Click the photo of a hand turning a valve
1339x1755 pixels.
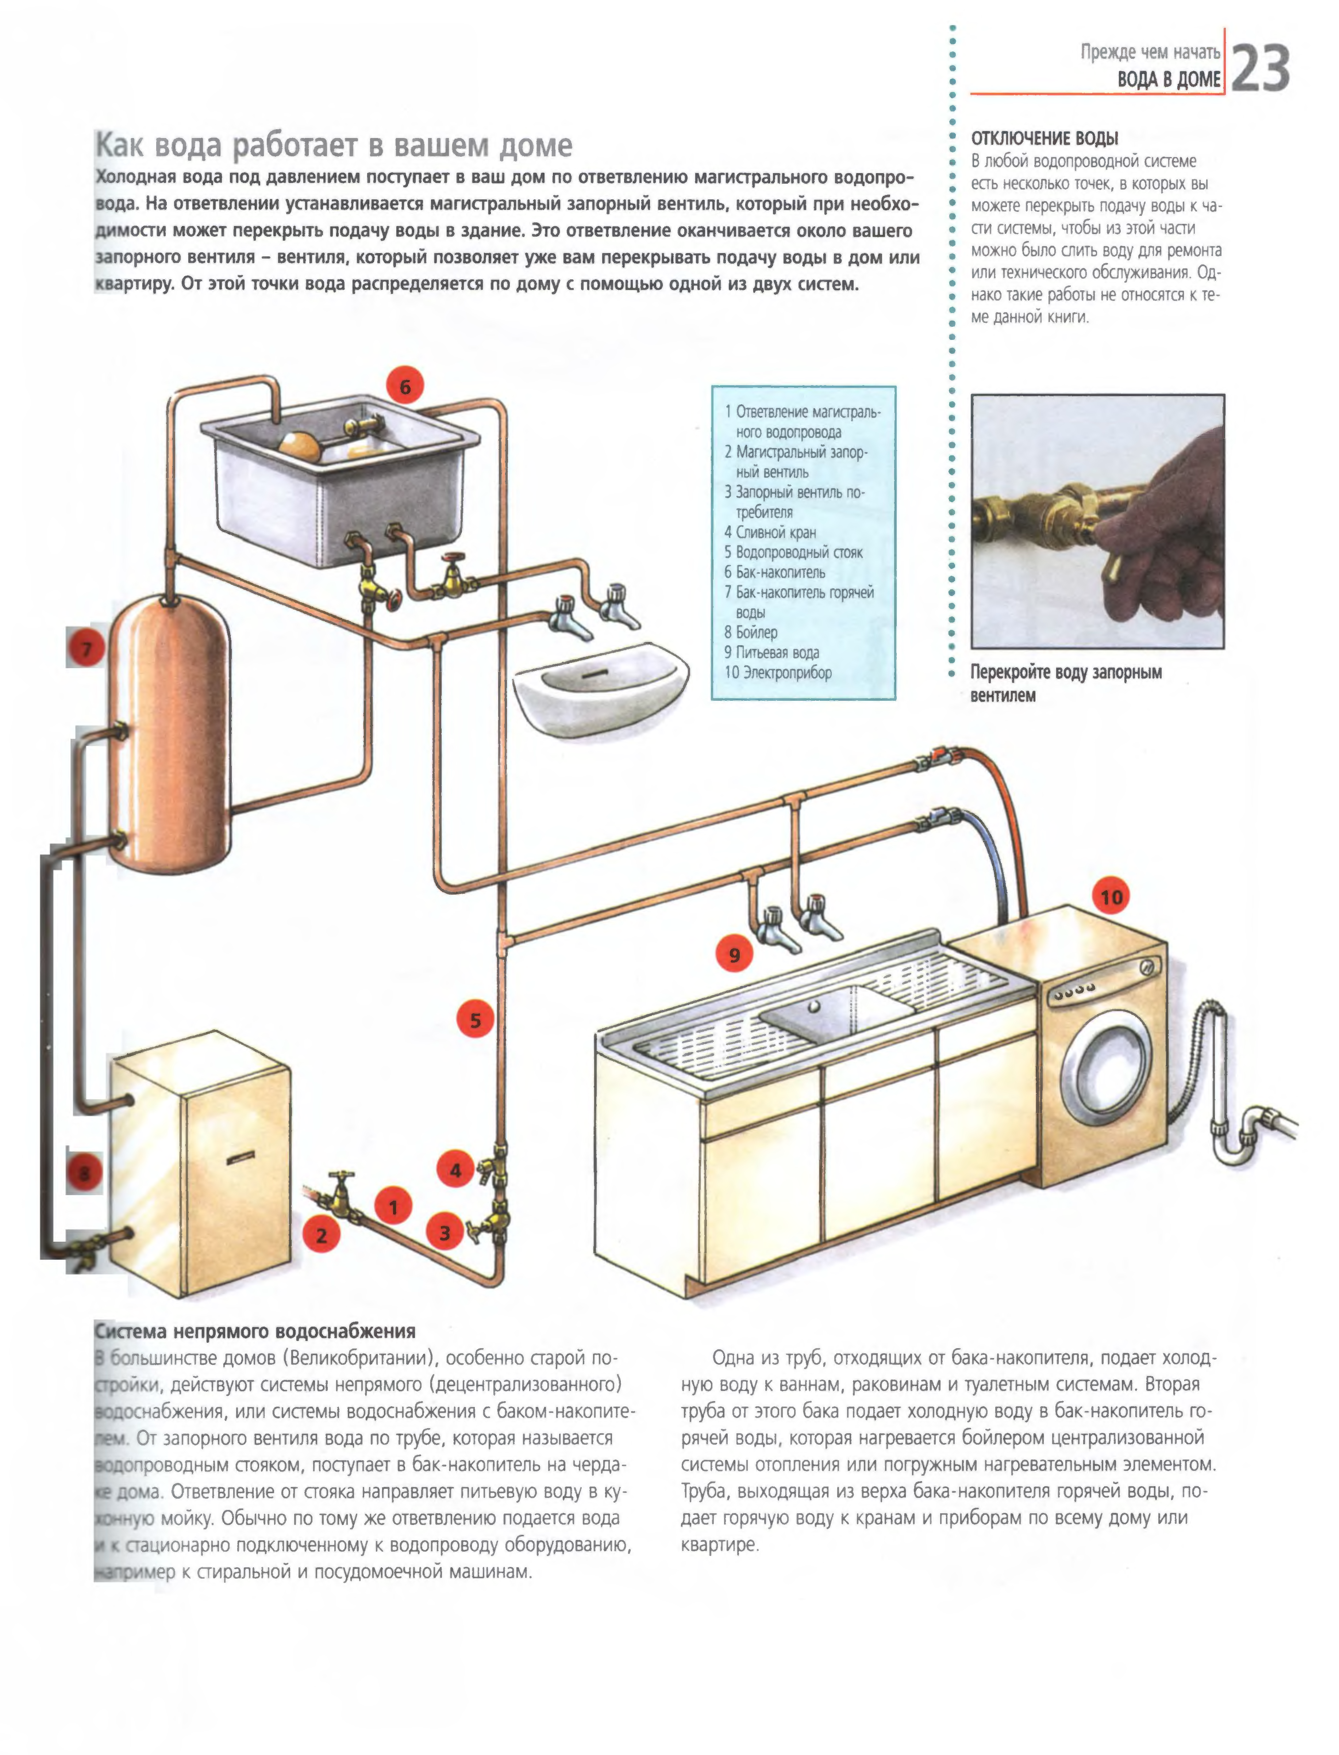pos(1097,521)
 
